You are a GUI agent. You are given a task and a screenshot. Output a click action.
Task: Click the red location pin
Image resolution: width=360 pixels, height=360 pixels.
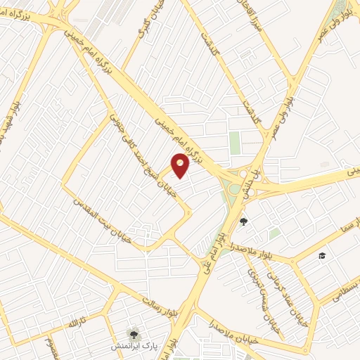point(181,165)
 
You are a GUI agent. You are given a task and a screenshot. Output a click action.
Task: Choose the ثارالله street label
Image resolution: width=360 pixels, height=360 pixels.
point(74,323)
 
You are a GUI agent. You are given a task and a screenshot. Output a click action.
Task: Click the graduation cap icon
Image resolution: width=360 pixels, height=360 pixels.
point(323,255)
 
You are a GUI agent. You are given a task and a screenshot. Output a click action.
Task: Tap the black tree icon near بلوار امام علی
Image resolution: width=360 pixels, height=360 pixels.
point(244,222)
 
